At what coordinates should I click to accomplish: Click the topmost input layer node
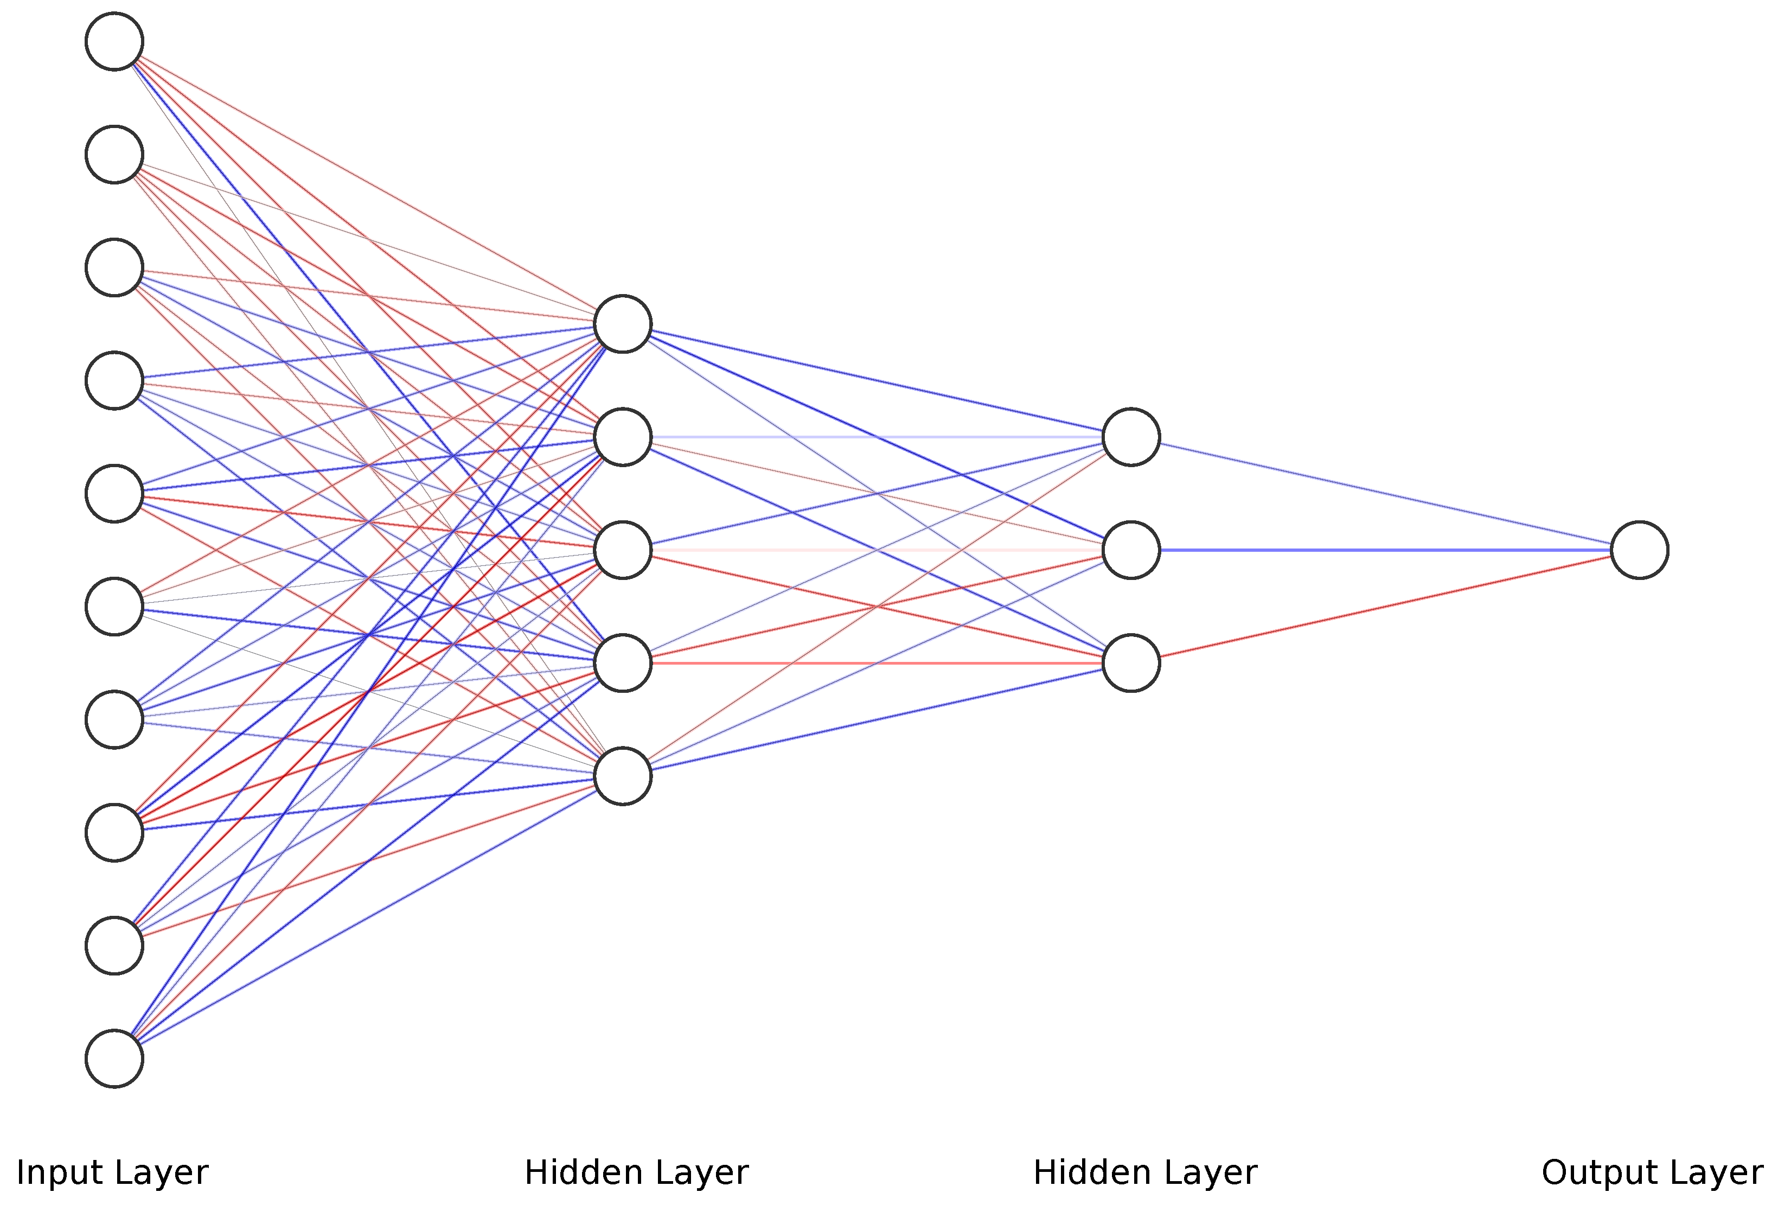[x=114, y=41]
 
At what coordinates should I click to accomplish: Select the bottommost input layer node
[x=114, y=1059]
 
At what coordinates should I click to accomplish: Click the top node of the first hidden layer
[x=623, y=323]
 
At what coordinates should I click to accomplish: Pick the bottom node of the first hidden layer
[x=623, y=776]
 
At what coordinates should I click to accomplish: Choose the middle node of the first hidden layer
[x=623, y=550]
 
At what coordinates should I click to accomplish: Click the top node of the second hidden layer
[x=1131, y=437]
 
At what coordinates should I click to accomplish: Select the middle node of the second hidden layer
[x=1131, y=550]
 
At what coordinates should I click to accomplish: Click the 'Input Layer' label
[x=112, y=1172]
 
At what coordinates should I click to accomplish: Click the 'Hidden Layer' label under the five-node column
[x=637, y=1172]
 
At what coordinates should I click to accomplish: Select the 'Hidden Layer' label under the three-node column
[x=1144, y=1172]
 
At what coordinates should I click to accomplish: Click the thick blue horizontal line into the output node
[x=1385, y=550]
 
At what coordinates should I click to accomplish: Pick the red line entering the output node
[x=1385, y=607]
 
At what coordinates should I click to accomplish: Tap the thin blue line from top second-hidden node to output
[x=1385, y=494]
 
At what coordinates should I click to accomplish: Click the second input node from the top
[x=114, y=155]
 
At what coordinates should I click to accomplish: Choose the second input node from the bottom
[x=114, y=946]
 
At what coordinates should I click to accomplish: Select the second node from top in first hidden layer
[x=623, y=437]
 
